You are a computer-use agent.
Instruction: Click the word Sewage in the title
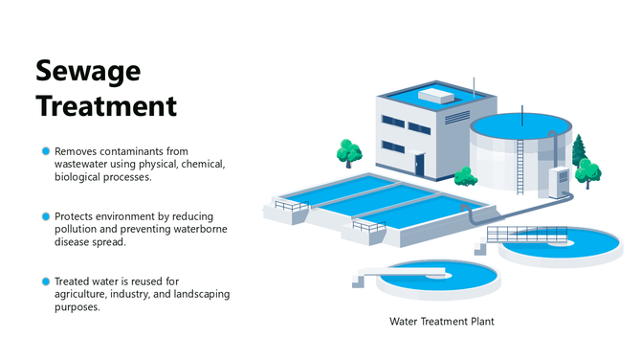coord(88,71)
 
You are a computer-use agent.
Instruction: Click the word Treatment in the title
coord(106,105)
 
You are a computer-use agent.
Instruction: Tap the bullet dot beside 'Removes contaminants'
coord(45,151)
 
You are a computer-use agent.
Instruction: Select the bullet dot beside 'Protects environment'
coord(45,216)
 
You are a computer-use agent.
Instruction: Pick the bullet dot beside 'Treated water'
coord(45,281)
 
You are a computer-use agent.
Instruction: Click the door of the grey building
coord(419,164)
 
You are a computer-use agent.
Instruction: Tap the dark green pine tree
coord(577,151)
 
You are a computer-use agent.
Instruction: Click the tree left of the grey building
coord(349,152)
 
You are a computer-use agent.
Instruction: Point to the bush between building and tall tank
coord(465,176)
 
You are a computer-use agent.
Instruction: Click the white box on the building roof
coord(435,95)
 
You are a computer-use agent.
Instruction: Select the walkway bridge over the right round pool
coord(521,235)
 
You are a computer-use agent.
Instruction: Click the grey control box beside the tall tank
coord(558,182)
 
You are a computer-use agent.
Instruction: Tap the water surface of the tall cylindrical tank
coord(521,124)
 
